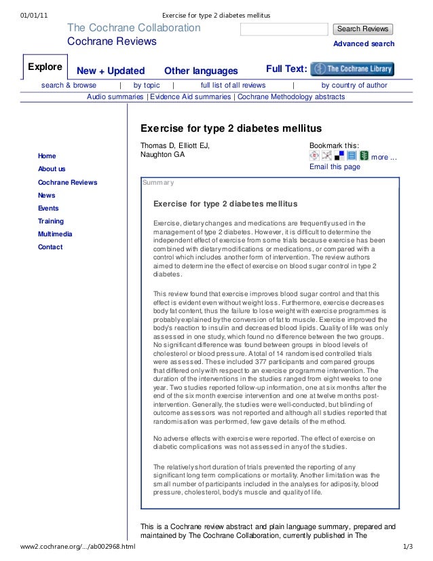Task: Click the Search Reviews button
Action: tap(363, 29)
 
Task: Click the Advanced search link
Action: tap(363, 44)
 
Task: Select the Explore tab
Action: tap(45, 68)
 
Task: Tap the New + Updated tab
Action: tap(111, 71)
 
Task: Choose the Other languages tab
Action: tap(201, 71)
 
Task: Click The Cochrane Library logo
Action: tap(352, 69)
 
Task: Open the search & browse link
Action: tap(69, 86)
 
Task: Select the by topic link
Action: tap(147, 86)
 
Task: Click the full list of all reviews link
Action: tap(233, 86)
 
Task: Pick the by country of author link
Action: tap(354, 86)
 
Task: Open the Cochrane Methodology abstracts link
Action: tap(291, 97)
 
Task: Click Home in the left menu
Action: tap(48, 156)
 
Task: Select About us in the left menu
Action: tap(52, 169)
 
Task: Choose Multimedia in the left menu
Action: tap(55, 234)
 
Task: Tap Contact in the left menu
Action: tap(50, 247)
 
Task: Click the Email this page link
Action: tap(335, 167)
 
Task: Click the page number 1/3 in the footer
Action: tap(408, 546)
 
